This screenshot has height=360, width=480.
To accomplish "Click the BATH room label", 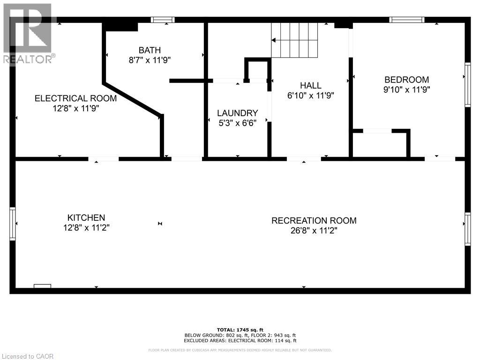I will [x=150, y=50].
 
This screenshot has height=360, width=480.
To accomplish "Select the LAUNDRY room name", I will [x=237, y=113].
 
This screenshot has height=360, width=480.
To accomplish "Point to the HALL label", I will [x=311, y=85].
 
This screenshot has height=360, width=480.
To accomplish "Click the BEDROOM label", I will [x=406, y=80].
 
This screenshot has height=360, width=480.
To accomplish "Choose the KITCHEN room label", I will [x=86, y=218].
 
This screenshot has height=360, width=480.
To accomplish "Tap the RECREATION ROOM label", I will [x=314, y=221].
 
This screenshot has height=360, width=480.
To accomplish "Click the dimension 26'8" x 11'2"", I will [x=314, y=231].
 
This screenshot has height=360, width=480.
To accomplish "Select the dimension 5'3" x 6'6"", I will [x=237, y=123].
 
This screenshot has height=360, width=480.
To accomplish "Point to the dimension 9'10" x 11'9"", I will [x=406, y=90].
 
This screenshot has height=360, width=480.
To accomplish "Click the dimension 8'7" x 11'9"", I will [x=150, y=60].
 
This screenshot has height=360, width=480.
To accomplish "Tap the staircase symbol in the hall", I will [x=294, y=40].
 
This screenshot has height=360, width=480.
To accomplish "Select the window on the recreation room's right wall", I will [x=467, y=228].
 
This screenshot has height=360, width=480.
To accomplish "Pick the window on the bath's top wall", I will [x=163, y=20].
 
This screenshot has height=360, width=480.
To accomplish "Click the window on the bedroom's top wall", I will [x=407, y=20].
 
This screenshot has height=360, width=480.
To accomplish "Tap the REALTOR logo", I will [x=28, y=33].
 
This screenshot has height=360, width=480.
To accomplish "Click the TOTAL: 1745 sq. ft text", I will [x=240, y=330].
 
